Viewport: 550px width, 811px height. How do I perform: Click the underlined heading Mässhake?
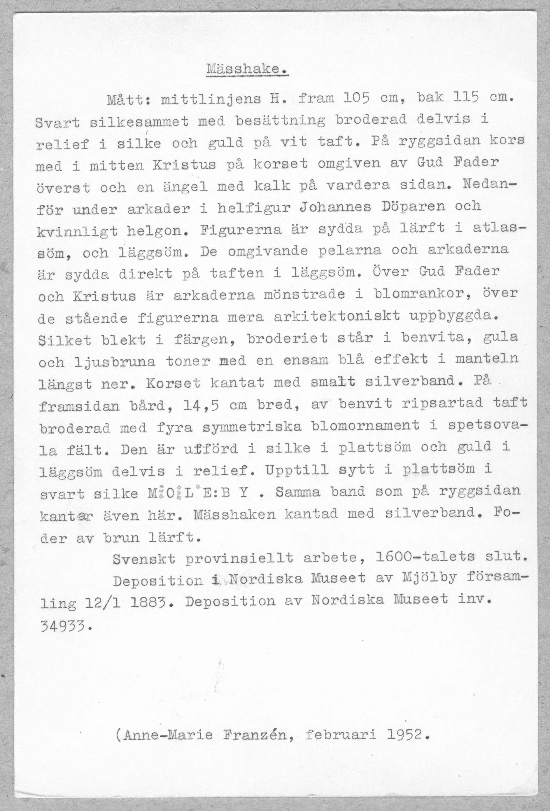[247, 69]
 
